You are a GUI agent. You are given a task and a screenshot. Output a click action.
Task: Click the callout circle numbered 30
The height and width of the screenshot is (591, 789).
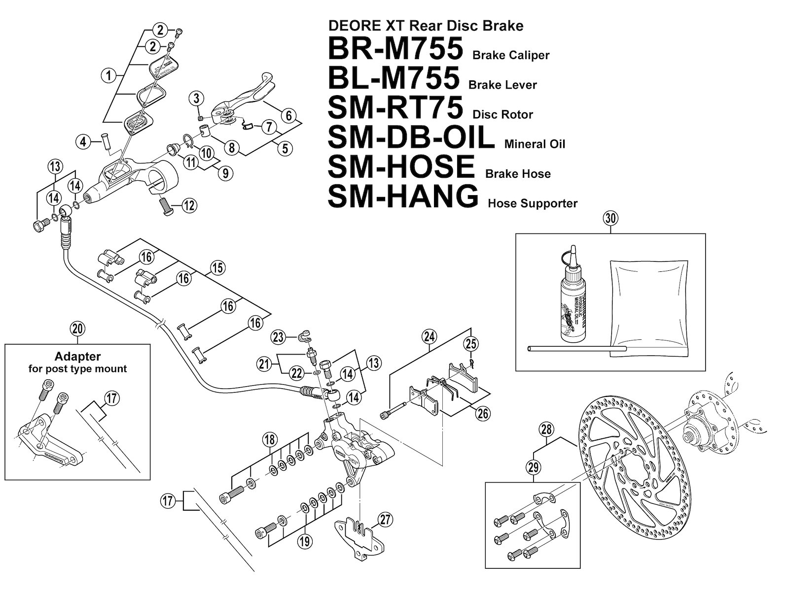[610, 218]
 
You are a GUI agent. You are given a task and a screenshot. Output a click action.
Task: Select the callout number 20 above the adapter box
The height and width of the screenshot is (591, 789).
[78, 329]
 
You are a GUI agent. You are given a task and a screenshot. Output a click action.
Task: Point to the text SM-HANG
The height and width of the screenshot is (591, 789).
[403, 196]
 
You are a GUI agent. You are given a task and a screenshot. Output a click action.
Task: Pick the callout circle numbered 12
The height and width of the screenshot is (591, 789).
[189, 205]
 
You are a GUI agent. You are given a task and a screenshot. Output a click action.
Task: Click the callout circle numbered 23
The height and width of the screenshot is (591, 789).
[279, 337]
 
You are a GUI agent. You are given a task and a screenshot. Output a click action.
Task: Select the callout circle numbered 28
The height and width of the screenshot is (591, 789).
[546, 429]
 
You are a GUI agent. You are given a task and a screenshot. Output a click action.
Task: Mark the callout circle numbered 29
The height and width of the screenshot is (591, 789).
[534, 466]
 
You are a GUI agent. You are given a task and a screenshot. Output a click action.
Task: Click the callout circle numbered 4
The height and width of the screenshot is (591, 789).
[83, 142]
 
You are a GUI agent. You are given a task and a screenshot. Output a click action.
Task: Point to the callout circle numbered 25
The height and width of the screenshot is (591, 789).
[471, 343]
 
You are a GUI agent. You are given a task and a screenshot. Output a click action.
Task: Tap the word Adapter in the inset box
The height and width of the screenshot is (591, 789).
[78, 356]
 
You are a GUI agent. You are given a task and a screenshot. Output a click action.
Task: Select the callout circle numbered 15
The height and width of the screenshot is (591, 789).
[217, 268]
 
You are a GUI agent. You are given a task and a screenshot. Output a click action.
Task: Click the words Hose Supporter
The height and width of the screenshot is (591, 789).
[533, 203]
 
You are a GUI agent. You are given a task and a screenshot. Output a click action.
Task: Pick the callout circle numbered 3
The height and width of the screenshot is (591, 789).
[196, 98]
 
